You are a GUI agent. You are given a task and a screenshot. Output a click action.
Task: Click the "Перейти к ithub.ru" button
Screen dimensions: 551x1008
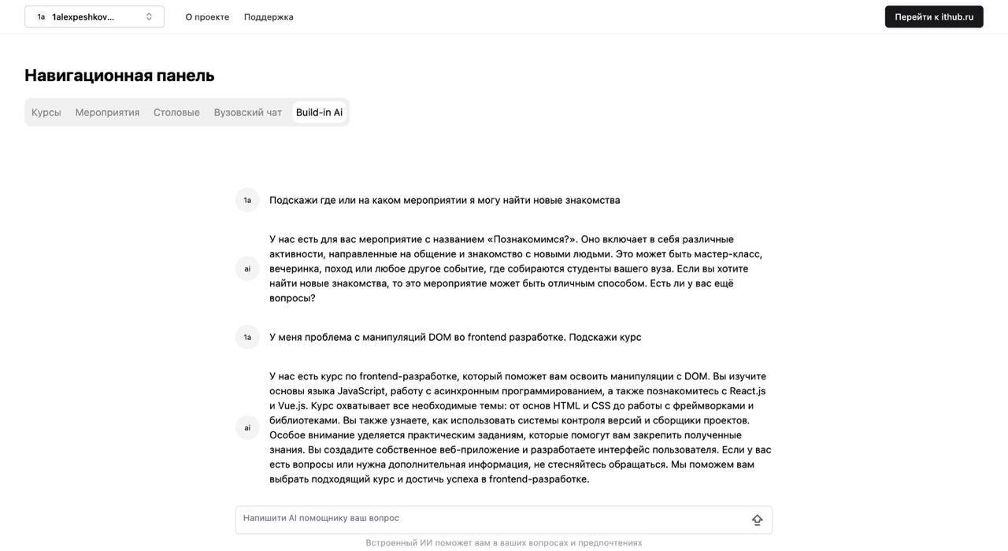934,17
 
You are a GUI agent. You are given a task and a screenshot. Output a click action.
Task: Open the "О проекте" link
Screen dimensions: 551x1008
207,17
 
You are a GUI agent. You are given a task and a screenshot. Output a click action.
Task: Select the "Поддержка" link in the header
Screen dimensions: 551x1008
269,17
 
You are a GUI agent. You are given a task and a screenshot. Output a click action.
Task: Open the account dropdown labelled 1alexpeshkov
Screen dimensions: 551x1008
87,17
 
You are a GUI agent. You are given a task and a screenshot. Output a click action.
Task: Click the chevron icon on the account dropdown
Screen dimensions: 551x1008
149,17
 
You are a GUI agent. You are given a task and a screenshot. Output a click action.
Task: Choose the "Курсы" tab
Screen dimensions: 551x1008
46,113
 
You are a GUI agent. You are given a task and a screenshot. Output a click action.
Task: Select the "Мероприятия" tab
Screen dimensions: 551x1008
107,113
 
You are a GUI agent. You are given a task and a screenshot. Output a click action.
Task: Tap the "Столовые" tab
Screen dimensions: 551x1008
176,113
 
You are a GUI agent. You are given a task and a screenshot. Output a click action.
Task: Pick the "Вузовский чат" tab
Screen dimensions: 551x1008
248,113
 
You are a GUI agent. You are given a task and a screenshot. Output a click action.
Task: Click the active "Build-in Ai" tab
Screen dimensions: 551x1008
319,113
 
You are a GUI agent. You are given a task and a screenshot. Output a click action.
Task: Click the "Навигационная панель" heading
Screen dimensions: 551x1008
120,76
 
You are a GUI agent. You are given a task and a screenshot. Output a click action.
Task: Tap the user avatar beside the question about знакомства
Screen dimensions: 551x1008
247,200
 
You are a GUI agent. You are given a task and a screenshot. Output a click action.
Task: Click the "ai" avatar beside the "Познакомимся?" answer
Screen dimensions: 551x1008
247,268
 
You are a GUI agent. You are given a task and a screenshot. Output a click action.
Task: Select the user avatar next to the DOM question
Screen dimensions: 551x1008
247,337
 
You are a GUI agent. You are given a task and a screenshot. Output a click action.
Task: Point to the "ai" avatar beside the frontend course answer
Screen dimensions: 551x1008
247,427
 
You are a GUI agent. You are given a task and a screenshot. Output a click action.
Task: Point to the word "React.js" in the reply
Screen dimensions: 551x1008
747,391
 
